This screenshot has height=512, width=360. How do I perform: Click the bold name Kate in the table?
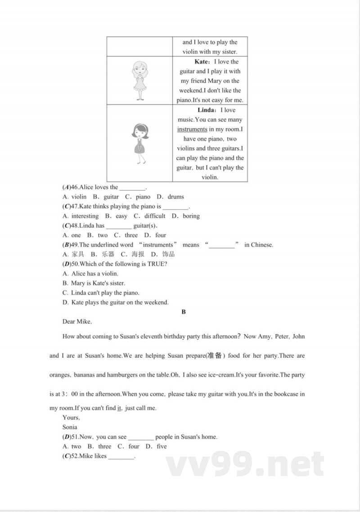coord(201,62)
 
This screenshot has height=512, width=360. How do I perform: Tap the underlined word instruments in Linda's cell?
coord(192,129)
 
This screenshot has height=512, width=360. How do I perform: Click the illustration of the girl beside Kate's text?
coord(139,81)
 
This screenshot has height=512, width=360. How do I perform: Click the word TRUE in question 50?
coord(155,264)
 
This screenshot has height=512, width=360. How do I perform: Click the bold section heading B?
coord(184,312)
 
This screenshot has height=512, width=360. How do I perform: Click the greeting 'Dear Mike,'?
coord(77,322)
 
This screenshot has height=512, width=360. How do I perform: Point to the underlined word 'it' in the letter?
coord(119,408)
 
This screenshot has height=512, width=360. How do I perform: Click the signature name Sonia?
coord(70,427)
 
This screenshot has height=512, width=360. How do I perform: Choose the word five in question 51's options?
coord(162,446)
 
